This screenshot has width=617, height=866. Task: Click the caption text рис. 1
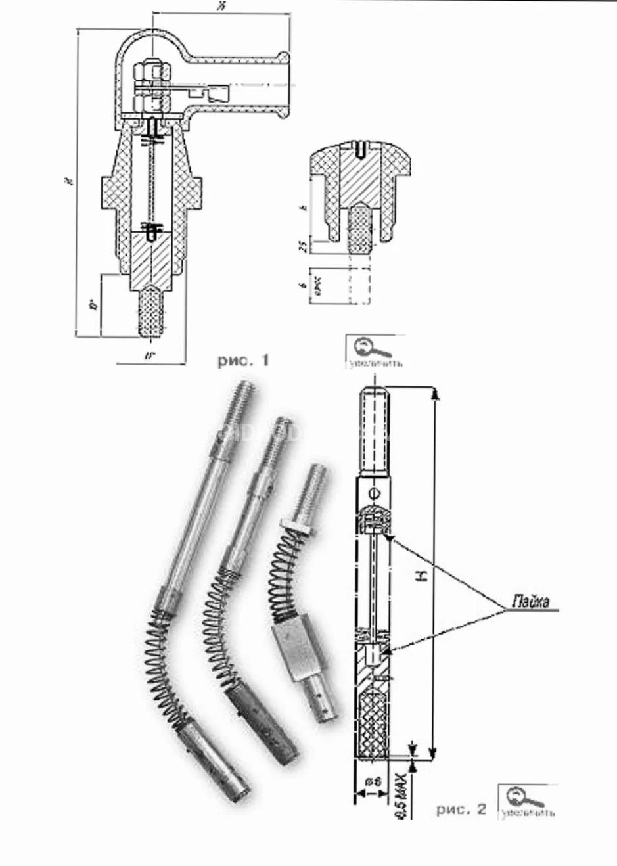pyautogui.click(x=242, y=360)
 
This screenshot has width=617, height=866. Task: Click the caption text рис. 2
pyautogui.click(x=461, y=809)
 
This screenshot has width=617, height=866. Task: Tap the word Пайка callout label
pyautogui.click(x=530, y=602)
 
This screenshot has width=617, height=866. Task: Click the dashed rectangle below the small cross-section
pyautogui.click(x=359, y=285)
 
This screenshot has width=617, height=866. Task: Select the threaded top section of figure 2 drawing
pyautogui.click(x=374, y=430)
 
